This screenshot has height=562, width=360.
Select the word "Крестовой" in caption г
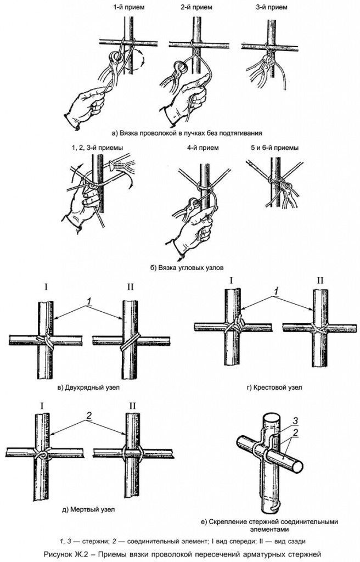click(271, 387)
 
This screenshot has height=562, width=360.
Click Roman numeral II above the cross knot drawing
click(319, 281)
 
